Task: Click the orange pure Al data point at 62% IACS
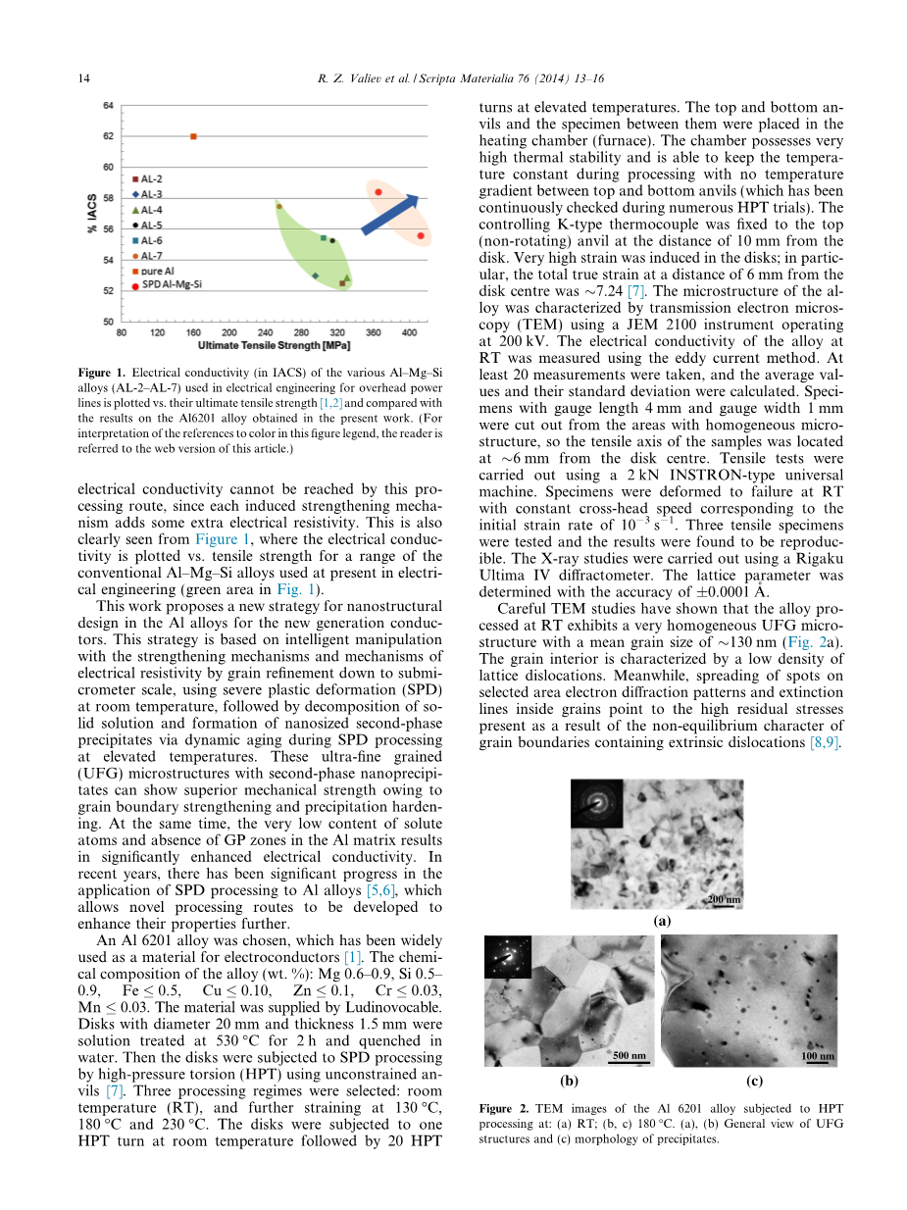[193, 136]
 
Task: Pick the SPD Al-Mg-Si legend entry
[169, 285]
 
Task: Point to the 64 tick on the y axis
[108, 105]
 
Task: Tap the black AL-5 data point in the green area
[332, 240]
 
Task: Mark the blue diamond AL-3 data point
[315, 276]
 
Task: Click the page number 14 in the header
[83, 78]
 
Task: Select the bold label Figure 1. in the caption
[103, 374]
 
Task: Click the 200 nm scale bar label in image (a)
[724, 899]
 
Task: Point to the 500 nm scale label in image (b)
[629, 1055]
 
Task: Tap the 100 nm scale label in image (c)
[818, 1056]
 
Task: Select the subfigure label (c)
[754, 1081]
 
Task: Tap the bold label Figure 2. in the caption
[504, 1109]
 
